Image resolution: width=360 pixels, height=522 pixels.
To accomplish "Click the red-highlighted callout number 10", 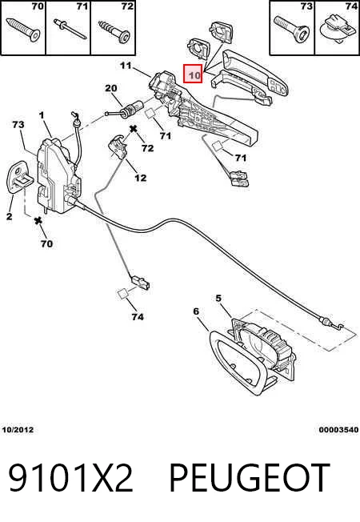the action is click(x=194, y=75).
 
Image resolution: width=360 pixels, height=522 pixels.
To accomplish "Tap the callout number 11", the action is click(x=126, y=66).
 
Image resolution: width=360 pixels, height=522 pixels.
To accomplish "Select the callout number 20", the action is click(x=111, y=88).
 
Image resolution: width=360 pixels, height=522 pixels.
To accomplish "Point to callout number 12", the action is click(x=141, y=178).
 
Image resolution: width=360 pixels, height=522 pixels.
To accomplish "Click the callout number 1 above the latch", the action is click(x=42, y=115).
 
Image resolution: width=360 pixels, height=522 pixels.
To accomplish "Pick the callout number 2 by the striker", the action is click(x=10, y=216).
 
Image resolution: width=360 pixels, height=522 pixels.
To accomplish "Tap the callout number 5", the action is click(x=218, y=299).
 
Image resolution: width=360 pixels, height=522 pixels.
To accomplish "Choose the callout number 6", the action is click(x=196, y=311).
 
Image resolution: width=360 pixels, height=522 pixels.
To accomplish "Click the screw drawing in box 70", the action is click(x=22, y=30).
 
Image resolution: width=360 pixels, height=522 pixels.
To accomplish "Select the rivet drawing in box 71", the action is click(x=70, y=29).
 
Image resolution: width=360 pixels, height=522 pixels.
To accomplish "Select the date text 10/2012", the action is click(x=18, y=429).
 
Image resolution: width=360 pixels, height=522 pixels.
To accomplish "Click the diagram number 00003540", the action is click(x=338, y=429).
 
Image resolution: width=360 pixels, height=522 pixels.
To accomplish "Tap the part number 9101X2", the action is click(x=70, y=478).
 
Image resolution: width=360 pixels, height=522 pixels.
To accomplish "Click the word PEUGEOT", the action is click(x=250, y=478).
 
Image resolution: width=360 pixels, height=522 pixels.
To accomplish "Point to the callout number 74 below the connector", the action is click(x=138, y=316).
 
